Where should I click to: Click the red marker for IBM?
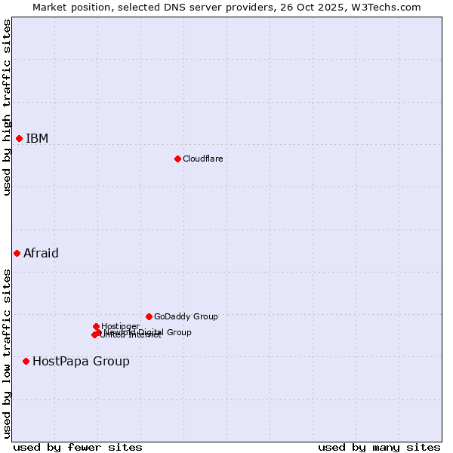coord(19,138)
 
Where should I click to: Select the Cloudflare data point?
coord(177,159)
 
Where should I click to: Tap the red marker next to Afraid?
coord(17,253)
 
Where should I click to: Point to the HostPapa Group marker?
coord(26,361)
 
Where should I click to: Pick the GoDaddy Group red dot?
coord(149,316)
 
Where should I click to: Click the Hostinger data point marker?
coord(96,326)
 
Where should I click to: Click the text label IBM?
coord(37,138)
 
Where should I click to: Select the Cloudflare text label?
coord(202,159)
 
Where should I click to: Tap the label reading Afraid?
coord(41,253)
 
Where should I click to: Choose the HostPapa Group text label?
coord(81,361)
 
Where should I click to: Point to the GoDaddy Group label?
coord(186,316)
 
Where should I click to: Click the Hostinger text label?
coord(120,326)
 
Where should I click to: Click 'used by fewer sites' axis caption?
coord(78,447)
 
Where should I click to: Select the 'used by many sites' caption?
coord(379,447)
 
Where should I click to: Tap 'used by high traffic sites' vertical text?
coord(7,107)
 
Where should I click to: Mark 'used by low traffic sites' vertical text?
coord(7,353)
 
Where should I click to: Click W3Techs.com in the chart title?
coord(390,7)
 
